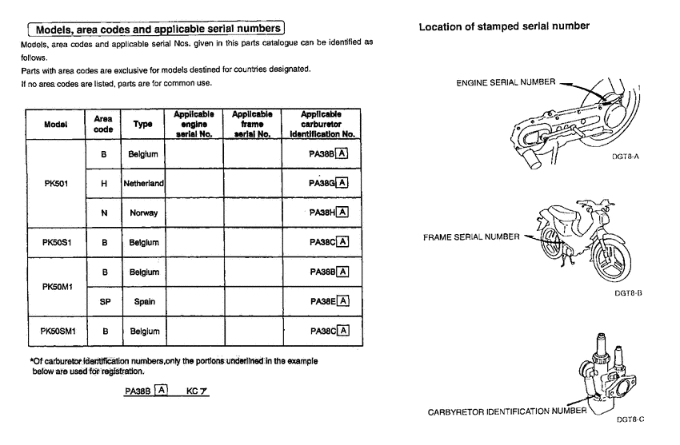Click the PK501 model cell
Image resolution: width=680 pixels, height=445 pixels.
[55, 182]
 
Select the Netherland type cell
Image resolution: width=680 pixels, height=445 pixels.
[143, 183]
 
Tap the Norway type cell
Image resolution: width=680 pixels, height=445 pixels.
[143, 213]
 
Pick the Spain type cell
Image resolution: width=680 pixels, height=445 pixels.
[143, 301]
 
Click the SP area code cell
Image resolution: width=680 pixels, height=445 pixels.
[104, 301]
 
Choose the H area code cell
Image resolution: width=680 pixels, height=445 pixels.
[104, 183]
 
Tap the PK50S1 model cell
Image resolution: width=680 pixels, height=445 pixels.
[55, 242]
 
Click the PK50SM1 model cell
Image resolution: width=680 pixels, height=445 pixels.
[55, 331]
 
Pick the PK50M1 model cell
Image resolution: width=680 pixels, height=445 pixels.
[55, 286]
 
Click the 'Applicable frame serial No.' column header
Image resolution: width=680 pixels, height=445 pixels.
[252, 124]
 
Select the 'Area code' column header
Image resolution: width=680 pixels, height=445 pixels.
[104, 124]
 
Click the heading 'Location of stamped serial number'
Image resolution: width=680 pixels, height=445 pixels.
[504, 26]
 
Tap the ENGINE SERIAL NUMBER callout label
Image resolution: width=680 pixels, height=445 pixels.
[506, 82]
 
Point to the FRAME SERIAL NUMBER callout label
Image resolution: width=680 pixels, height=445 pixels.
[471, 237]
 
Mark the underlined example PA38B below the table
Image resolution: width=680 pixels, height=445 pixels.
[138, 391]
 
